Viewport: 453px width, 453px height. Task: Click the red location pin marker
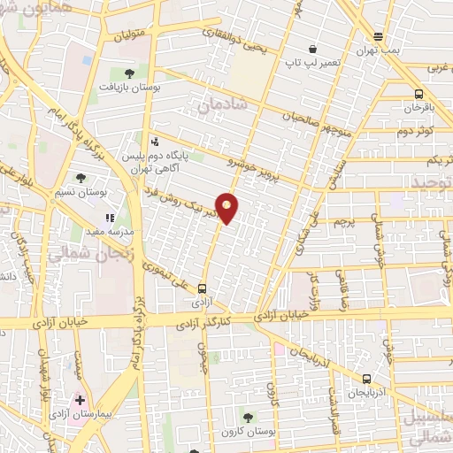(227, 208)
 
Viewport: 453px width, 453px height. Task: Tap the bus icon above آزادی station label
(203, 288)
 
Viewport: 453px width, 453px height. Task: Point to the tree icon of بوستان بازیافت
(130, 73)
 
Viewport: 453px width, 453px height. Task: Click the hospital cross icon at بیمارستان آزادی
(81, 400)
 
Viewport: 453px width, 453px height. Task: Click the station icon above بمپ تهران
(379, 36)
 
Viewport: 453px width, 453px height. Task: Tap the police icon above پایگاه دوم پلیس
(155, 140)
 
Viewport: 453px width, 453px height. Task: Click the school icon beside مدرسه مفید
(110, 217)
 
